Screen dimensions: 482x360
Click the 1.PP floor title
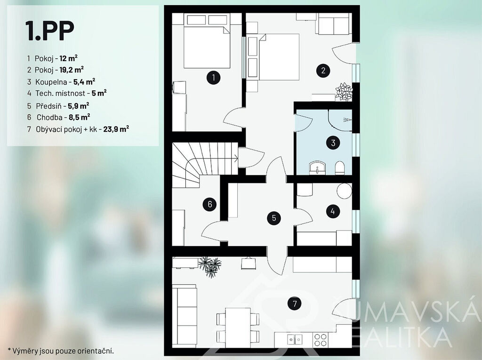tap(50, 31)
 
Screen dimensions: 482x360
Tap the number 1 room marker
tap(213, 78)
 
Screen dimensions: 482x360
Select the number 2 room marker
tap(323, 71)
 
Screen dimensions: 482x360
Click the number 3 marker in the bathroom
tap(333, 143)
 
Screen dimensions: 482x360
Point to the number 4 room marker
tap(333, 211)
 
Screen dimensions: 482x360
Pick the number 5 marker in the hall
tap(274, 218)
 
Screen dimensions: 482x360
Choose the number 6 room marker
tap(210, 204)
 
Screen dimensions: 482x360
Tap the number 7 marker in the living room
tap(295, 304)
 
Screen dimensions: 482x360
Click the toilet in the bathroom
tap(339, 168)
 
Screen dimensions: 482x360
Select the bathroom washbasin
tap(317, 168)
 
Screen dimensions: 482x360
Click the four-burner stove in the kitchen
tap(320, 340)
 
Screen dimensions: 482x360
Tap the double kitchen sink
tap(295, 340)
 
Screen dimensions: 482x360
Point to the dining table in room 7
tap(238, 328)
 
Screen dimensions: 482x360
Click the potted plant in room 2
tap(344, 92)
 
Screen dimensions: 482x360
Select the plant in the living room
tap(210, 266)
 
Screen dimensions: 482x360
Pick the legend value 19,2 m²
tap(72, 70)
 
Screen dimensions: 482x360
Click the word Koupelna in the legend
tap(51, 82)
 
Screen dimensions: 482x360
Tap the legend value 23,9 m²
tap(116, 129)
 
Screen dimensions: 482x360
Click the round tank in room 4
tap(344, 191)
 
